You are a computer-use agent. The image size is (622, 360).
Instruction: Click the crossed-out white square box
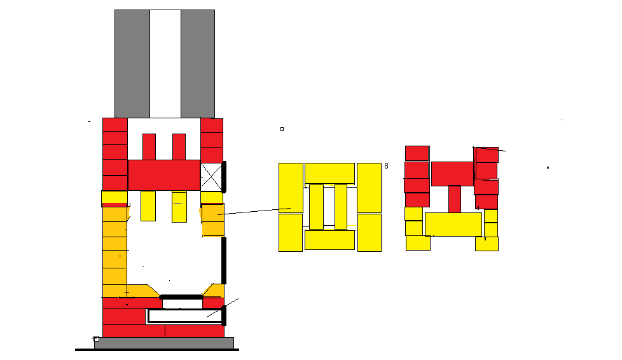click(211, 177)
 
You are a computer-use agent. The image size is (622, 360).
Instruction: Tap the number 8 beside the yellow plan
click(387, 166)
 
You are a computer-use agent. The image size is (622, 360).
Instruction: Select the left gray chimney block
click(132, 64)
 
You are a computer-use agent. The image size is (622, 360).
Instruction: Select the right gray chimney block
click(198, 64)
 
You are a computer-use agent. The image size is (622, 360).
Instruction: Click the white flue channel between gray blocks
click(165, 64)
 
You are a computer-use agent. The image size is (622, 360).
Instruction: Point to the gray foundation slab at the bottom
click(164, 343)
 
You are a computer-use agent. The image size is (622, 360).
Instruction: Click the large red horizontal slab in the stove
click(164, 175)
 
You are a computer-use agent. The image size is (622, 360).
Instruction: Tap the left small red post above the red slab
click(149, 147)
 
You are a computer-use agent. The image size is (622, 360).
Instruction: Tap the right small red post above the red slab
click(179, 147)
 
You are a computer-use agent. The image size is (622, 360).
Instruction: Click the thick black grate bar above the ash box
click(181, 297)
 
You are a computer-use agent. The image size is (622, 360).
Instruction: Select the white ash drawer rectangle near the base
click(184, 316)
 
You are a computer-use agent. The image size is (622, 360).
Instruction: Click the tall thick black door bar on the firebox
click(224, 261)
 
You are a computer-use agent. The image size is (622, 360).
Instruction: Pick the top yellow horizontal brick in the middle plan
click(329, 174)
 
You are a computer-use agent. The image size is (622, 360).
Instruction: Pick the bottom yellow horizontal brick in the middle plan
click(329, 240)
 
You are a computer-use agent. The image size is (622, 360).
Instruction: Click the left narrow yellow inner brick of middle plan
click(316, 207)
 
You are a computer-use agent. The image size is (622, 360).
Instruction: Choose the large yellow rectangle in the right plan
click(453, 225)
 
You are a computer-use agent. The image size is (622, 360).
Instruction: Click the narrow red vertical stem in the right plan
click(455, 199)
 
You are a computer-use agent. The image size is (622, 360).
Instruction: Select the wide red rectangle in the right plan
click(453, 174)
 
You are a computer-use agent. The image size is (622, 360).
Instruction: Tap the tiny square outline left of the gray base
click(96, 338)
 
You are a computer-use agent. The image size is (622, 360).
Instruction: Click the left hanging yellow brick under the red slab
click(148, 206)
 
